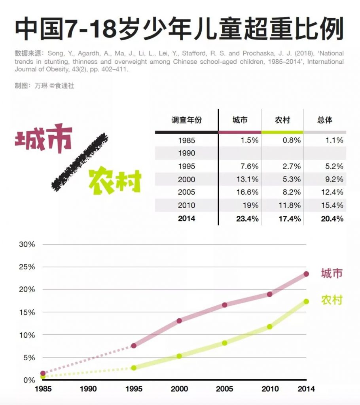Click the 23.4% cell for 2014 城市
(247, 218)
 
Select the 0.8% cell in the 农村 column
(291, 140)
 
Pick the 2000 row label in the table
(187, 179)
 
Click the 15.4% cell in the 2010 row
(333, 205)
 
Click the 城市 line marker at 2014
(306, 274)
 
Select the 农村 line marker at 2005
(225, 343)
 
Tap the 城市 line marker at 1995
(134, 346)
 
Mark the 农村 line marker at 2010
(270, 327)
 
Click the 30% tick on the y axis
(27, 244)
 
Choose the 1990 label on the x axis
(88, 389)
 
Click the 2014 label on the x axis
(306, 389)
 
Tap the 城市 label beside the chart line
(332, 273)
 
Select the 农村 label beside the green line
(332, 300)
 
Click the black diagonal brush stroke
(81, 161)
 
